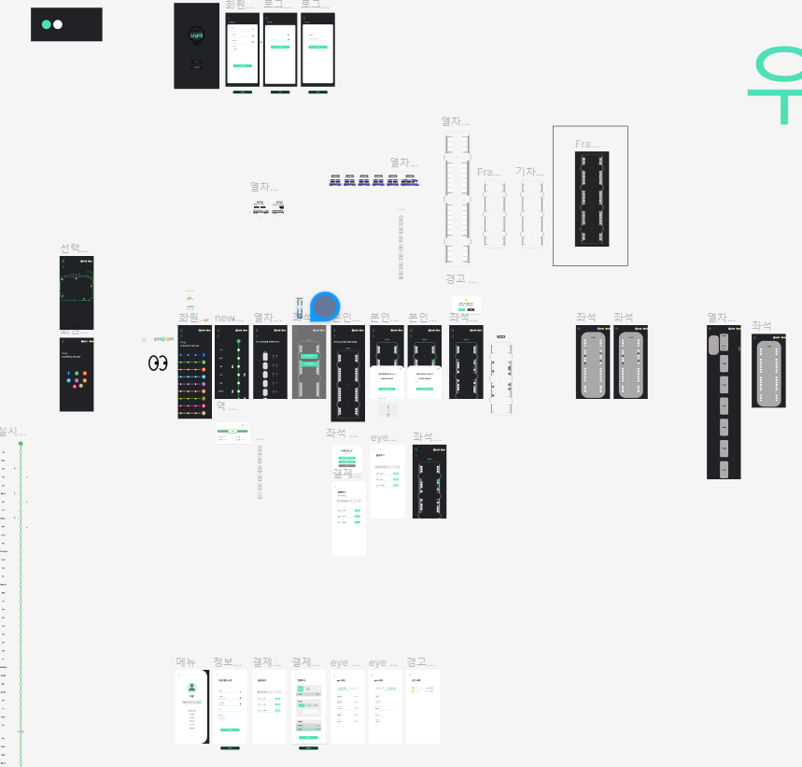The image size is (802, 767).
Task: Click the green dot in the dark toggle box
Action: [47, 24]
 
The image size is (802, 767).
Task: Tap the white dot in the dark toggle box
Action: [58, 24]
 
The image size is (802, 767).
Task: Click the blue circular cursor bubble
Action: [325, 305]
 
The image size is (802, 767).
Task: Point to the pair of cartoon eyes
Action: [158, 363]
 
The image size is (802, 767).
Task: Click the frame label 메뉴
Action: [186, 662]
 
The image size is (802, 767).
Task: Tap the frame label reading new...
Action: [229, 318]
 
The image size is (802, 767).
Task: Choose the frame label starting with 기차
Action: [529, 172]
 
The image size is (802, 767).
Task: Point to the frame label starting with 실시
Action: [12, 431]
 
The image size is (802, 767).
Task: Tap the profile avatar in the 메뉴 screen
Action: [191, 688]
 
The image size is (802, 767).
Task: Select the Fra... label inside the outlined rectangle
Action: [586, 144]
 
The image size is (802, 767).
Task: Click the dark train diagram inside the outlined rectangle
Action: [591, 199]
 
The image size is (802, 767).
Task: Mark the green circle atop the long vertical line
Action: [21, 444]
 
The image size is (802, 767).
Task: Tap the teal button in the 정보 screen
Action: [230, 730]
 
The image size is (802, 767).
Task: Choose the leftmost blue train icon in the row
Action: [335, 180]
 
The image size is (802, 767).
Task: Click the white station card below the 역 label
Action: [232, 433]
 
